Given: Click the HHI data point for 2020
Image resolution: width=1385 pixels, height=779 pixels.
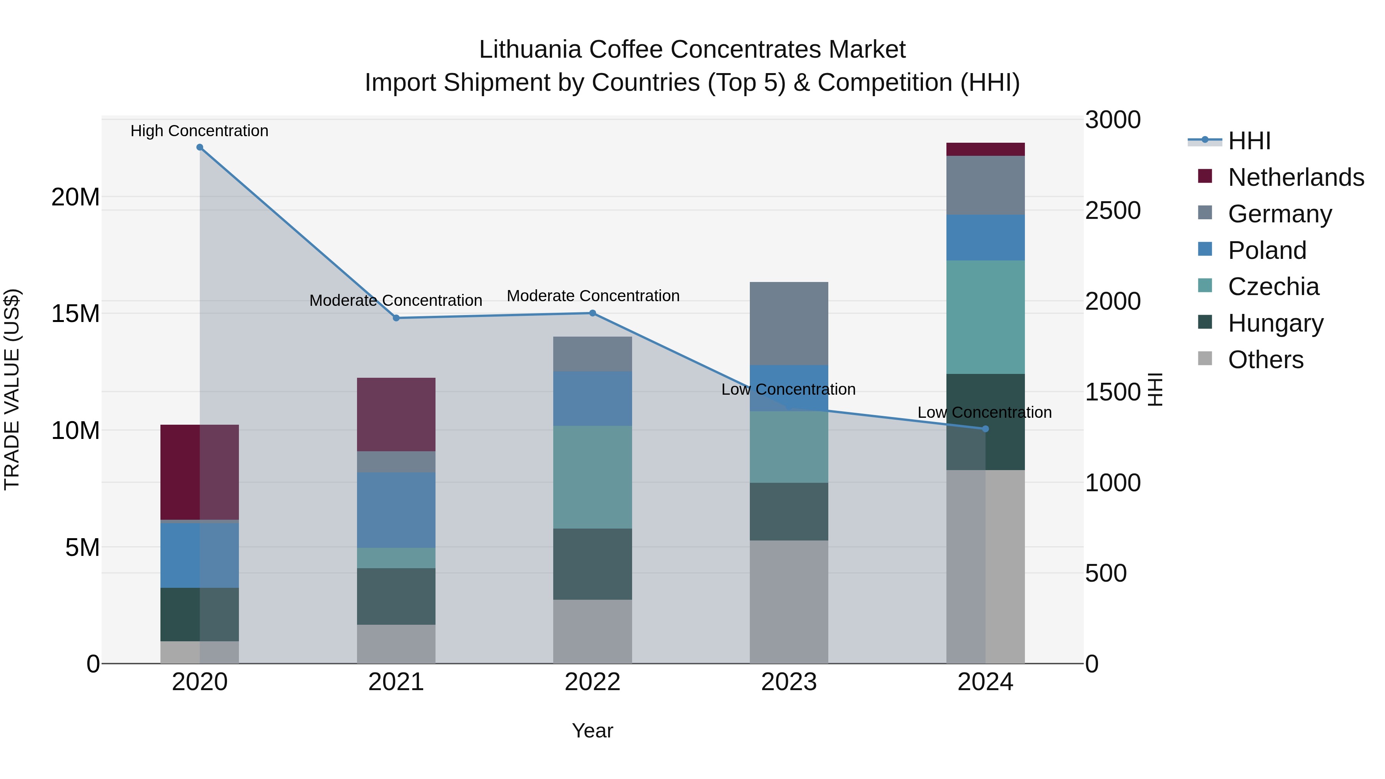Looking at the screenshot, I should coord(199,147).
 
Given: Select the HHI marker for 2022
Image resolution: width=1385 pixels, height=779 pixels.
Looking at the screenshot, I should coord(592,313).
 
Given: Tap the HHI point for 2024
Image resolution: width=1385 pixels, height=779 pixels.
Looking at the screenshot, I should coord(985,429).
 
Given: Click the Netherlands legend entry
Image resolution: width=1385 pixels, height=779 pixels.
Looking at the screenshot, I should coord(1296,177).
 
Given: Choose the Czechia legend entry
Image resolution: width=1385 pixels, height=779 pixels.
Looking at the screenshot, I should coord(1273,287).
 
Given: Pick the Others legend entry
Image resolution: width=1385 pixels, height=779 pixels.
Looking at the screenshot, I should coord(1266,360).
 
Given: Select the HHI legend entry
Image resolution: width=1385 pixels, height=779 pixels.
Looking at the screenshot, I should coord(1249,141).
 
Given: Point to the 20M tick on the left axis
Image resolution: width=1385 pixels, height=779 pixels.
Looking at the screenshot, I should coord(75,197).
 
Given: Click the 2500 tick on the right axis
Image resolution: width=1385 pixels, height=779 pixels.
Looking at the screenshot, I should coord(1112,211).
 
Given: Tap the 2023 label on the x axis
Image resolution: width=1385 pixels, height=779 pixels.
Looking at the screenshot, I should coord(789,682).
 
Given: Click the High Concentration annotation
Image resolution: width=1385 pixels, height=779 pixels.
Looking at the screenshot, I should coord(199,131).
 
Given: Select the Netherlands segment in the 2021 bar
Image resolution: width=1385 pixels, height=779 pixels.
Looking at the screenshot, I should coord(396,414).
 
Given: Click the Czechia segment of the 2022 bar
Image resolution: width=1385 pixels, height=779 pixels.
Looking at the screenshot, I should coord(592,477).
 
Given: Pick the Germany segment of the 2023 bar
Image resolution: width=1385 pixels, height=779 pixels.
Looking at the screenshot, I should coord(789,323).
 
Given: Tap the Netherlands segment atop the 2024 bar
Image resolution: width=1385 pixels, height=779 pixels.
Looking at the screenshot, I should coord(985,149).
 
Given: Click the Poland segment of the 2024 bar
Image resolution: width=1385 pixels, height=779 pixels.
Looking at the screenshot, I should coord(985,238).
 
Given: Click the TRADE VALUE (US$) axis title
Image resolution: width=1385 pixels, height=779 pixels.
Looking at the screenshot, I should coord(12,389).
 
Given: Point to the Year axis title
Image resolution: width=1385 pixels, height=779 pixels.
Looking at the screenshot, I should coord(592,731).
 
